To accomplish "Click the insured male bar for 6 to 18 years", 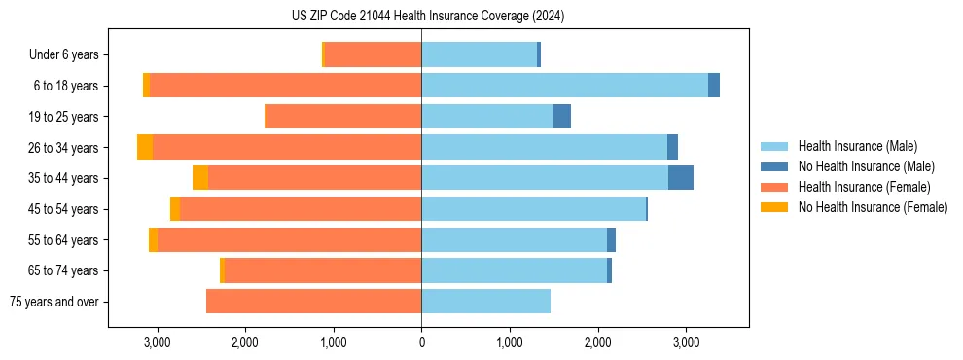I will [x=564, y=86].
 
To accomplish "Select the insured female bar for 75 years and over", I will [x=313, y=302].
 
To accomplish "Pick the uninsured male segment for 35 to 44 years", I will [x=681, y=178].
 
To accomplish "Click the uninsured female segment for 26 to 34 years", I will [x=145, y=147].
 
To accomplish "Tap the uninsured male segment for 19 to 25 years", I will [x=561, y=117].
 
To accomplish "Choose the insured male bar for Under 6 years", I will [x=479, y=54].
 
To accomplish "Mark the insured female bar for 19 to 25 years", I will [x=343, y=117].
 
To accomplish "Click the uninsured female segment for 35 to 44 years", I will [x=200, y=178].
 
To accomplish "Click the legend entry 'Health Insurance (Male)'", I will [x=857, y=146].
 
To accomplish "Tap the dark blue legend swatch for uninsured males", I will [x=774, y=166].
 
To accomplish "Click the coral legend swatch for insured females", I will [x=774, y=187].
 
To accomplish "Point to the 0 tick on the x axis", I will [x=421, y=342].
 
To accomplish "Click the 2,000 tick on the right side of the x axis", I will [x=597, y=342].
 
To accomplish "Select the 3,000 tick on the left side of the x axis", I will [x=157, y=342].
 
